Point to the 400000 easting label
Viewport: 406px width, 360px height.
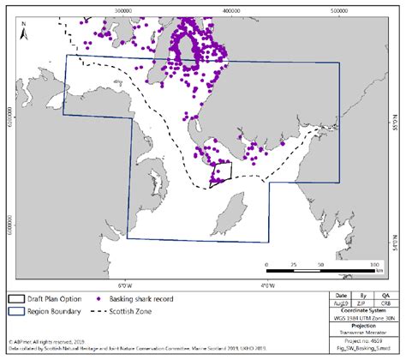click(x=230, y=5)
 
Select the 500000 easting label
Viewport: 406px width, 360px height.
click(x=338, y=5)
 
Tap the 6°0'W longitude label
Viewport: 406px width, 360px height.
click(x=125, y=284)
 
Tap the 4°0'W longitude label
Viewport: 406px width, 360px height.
click(x=266, y=284)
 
